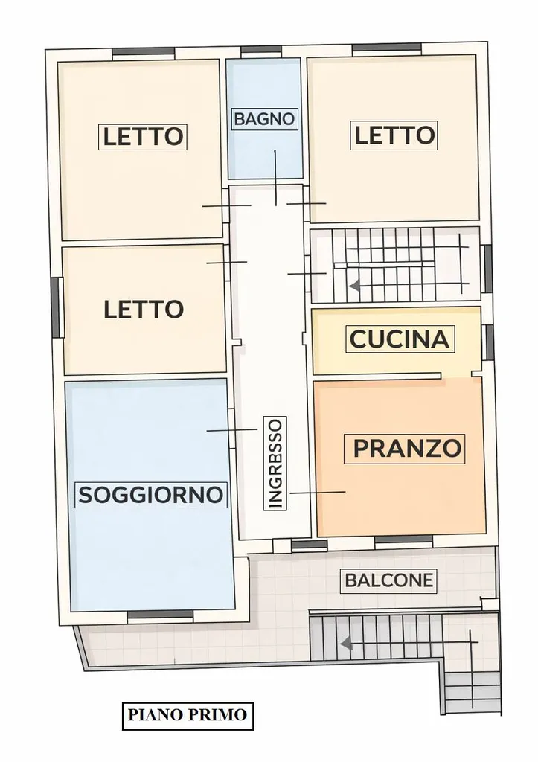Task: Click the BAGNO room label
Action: pyautogui.click(x=264, y=118)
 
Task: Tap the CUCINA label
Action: pyautogui.click(x=400, y=339)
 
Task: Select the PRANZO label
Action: pyautogui.click(x=406, y=448)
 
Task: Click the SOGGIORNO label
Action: pyautogui.click(x=151, y=495)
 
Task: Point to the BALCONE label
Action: pyautogui.click(x=388, y=580)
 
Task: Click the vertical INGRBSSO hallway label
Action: pyautogui.click(x=275, y=463)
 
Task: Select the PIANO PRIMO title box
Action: pyautogui.click(x=188, y=715)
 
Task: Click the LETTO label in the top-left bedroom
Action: pyautogui.click(x=143, y=136)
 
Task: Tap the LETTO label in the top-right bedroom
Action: pyautogui.click(x=394, y=135)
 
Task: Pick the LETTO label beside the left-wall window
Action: pyautogui.click(x=144, y=310)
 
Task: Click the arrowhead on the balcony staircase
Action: pyautogui.click(x=346, y=644)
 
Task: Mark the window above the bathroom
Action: pyautogui.click(x=261, y=50)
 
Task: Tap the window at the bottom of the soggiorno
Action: pyautogui.click(x=161, y=614)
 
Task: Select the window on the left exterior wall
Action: pyautogui.click(x=55, y=307)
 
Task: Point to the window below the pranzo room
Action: pyautogui.click(x=404, y=539)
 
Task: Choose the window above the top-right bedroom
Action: pyautogui.click(x=387, y=47)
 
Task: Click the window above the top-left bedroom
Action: pyautogui.click(x=144, y=51)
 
